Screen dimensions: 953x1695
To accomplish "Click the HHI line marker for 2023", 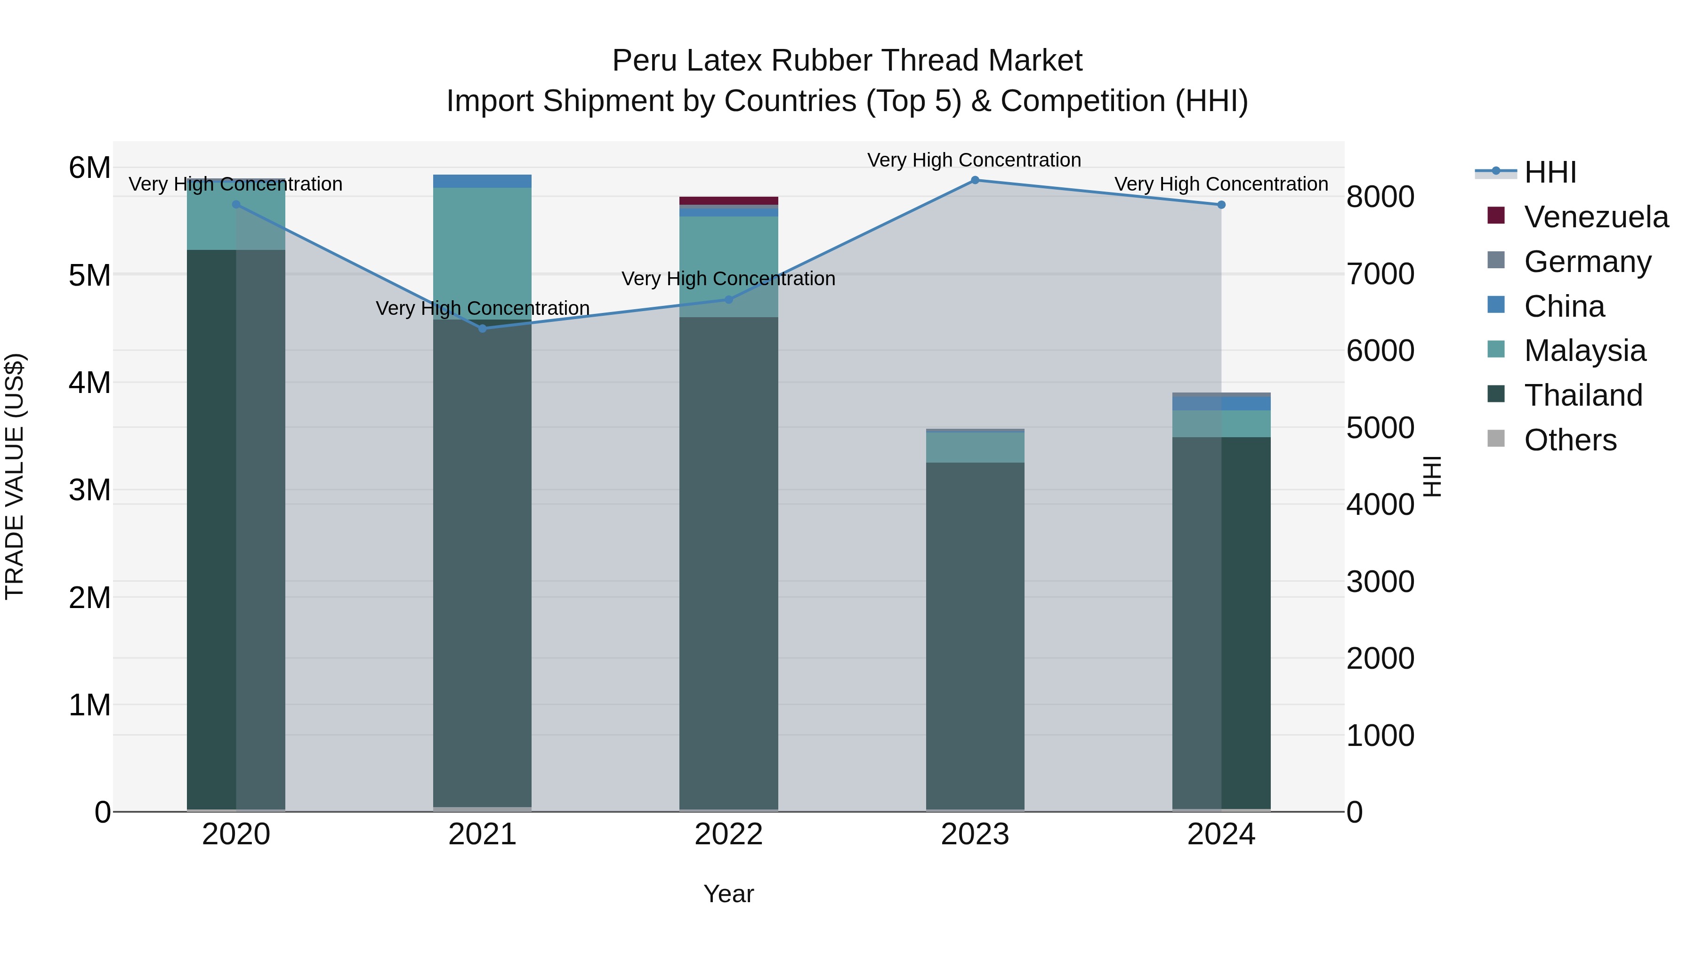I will click(x=975, y=180).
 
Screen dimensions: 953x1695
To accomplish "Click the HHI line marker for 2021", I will click(x=482, y=328).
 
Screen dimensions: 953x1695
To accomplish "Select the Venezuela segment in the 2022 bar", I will click(x=728, y=200).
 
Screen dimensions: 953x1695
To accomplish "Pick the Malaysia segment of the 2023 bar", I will click(x=975, y=447).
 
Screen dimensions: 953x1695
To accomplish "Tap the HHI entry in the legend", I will click(x=1550, y=172).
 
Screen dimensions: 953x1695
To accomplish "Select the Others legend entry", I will click(x=1569, y=440).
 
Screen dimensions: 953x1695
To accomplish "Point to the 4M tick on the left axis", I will click(x=89, y=383).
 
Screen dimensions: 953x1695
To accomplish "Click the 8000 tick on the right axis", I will click(x=1380, y=197).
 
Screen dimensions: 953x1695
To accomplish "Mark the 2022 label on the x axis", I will click(x=728, y=834).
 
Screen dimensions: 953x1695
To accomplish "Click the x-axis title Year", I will click(x=728, y=894).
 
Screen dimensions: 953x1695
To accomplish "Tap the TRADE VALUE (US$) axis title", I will click(x=15, y=476).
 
